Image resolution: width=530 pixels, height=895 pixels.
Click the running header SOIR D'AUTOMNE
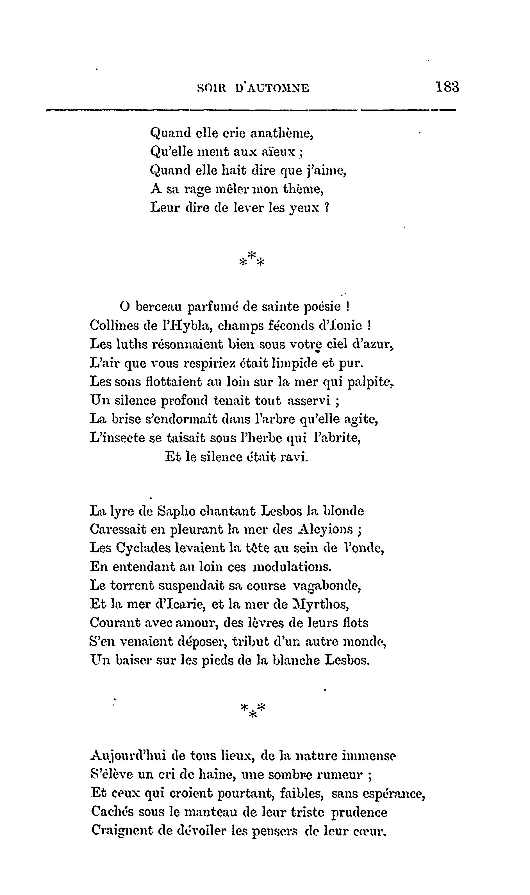point(253,88)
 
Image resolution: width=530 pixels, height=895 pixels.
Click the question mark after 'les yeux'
point(326,208)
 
